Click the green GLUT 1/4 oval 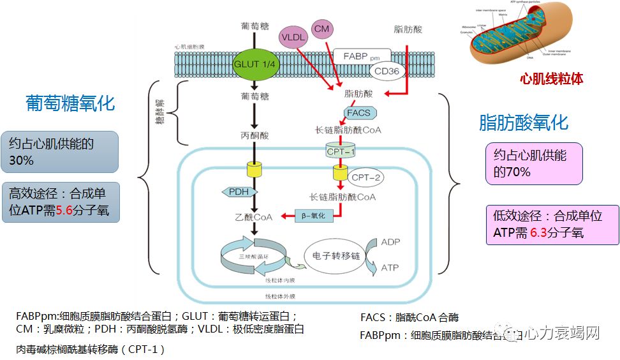pos(254,64)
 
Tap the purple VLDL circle pos(294,37)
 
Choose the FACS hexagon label pos(359,113)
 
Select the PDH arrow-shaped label pos(239,191)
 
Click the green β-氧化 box pos(314,216)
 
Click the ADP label pos(390,243)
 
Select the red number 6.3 pos(540,232)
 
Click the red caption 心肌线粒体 pos(552,79)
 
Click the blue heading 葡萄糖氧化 pos(71,103)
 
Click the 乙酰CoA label pos(253,217)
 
